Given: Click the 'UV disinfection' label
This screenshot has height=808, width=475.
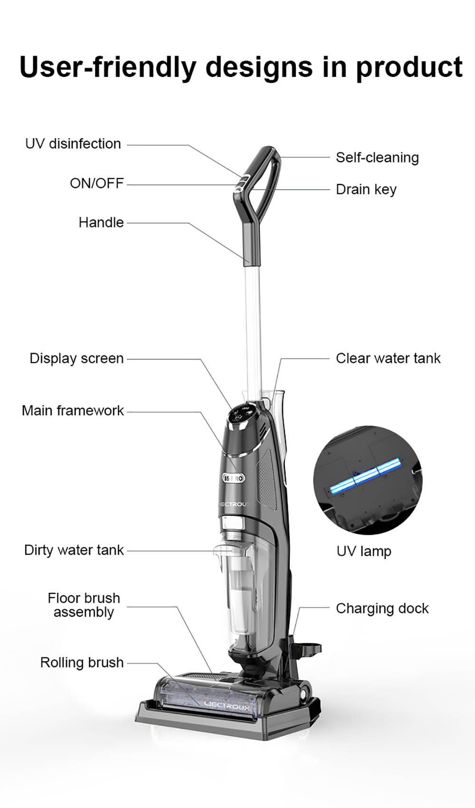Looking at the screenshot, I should coord(73,143).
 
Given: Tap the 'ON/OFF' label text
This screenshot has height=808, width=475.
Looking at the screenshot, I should coord(96,183).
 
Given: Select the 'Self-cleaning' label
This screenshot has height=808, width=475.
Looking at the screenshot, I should coord(377,157).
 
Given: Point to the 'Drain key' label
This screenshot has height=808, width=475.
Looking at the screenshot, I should coord(366,189).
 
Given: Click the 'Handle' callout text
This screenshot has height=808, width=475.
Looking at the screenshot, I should coord(101,222).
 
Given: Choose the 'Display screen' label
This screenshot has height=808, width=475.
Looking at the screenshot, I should coord(76,358).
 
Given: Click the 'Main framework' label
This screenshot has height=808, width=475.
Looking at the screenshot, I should coord(73,410).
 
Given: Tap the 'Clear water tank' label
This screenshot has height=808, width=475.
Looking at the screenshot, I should coord(388,358).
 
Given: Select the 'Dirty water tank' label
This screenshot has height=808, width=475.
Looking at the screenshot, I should coord(74,550).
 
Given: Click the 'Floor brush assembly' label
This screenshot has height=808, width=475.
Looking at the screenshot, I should coord(84,605).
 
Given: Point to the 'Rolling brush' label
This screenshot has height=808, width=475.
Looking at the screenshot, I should coord(82,662).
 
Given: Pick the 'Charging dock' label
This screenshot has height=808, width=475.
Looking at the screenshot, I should coord(382,608).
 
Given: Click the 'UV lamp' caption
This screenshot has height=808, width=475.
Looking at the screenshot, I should coord(364,551).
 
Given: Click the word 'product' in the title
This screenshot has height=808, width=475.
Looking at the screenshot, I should coord(409,67).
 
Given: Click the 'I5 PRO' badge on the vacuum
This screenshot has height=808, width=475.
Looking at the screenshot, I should coord(234,478).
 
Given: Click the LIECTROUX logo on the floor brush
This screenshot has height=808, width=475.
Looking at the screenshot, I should coord(227,706).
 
